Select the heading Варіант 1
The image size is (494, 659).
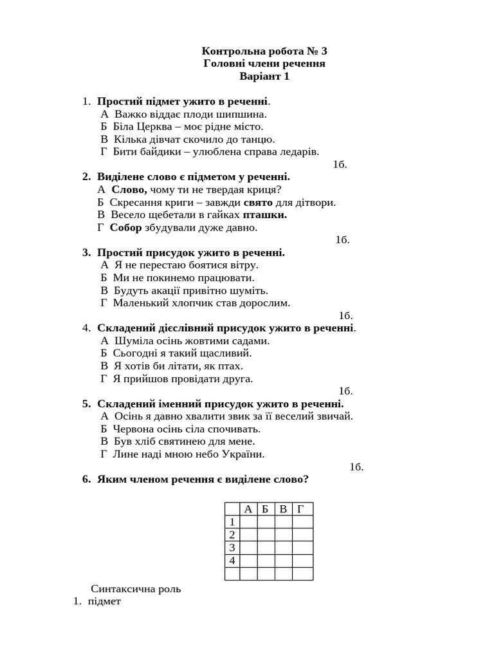pyautogui.click(x=264, y=76)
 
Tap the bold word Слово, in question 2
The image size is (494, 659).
pyautogui.click(x=129, y=189)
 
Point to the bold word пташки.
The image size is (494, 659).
pyautogui.click(x=264, y=214)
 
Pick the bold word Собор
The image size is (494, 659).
pyautogui.click(x=125, y=227)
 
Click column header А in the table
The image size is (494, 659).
pyautogui.click(x=248, y=509)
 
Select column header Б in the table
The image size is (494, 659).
pyautogui.click(x=266, y=509)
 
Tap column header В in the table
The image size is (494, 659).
pyautogui.click(x=283, y=509)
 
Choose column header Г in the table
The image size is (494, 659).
pyautogui.click(x=301, y=509)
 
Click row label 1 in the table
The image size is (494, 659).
pyautogui.click(x=232, y=522)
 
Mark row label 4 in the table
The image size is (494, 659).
pyautogui.click(x=232, y=561)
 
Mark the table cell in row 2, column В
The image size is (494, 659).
pyautogui.click(x=283, y=535)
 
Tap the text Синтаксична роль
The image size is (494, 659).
pyautogui.click(x=136, y=588)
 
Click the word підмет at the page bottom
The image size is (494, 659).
pyautogui.click(x=104, y=601)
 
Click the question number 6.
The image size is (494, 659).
pyautogui.click(x=86, y=479)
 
